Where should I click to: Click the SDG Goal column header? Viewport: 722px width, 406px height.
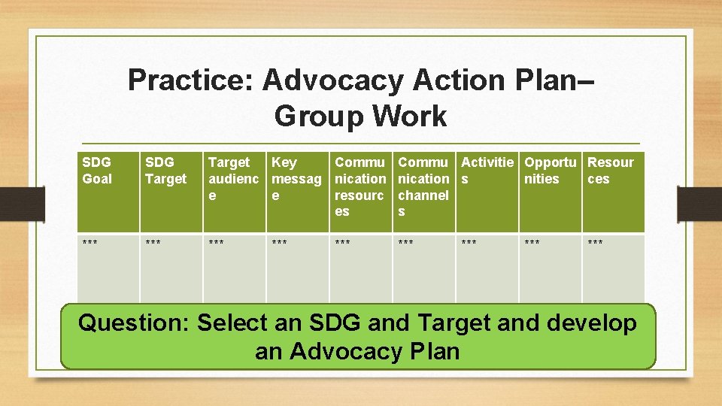coord(97,171)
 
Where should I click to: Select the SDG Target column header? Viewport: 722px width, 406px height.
coord(165,171)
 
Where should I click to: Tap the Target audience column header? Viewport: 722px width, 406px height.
coord(233,179)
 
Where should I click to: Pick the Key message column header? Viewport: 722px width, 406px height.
coord(296,179)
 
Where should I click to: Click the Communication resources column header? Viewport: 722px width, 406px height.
coord(359,186)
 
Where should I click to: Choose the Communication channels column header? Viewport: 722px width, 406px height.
coord(423,186)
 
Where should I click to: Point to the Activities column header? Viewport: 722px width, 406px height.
coord(487,171)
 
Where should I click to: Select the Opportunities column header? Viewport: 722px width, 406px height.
coord(550,171)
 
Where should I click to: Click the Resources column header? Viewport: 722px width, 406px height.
coord(610,171)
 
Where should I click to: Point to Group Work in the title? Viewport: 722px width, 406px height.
coord(360,117)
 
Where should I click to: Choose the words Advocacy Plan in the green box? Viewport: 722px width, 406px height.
coord(375,351)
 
